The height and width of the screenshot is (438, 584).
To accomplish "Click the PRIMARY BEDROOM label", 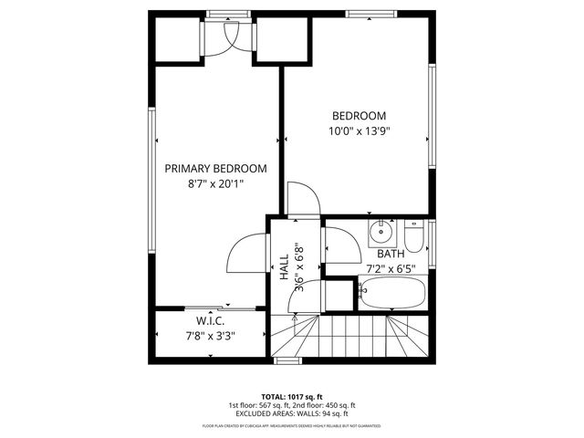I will coord(215,169).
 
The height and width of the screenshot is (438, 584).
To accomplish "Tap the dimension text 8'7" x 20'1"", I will coord(215,184).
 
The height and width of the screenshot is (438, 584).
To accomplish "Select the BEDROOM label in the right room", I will coord(358,116).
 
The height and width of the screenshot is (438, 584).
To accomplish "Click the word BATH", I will coord(391,254).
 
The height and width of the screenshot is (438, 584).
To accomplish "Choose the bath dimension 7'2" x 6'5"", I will coord(391,268).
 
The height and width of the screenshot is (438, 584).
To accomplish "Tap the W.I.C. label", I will coord(211,320).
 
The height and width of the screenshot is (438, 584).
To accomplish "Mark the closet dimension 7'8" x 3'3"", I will coord(211,335).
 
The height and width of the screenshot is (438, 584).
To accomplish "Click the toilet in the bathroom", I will coord(413,238).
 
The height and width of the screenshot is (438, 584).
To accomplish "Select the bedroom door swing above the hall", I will coord(301,198).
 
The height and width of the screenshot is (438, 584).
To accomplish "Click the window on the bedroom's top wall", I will coord(371,14).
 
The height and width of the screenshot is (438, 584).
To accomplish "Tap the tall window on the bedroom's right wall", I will coord(432,114).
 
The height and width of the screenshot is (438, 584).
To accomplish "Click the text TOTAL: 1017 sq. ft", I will coord(291,395).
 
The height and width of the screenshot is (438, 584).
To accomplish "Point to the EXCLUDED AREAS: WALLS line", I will coord(291,414).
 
